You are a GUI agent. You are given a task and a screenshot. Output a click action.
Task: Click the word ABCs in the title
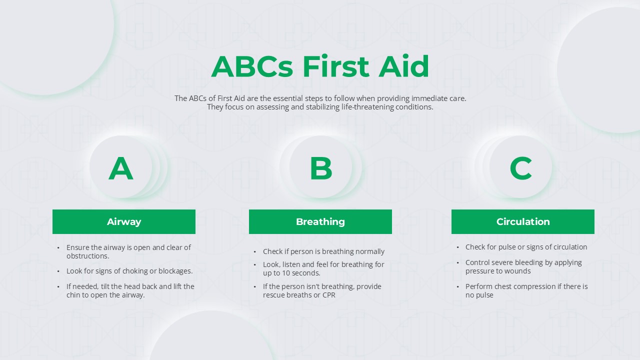(251, 66)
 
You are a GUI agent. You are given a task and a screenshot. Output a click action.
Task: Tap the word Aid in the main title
(403, 66)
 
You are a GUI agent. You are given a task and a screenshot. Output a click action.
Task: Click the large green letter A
(121, 168)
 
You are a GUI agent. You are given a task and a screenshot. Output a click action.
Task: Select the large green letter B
(320, 168)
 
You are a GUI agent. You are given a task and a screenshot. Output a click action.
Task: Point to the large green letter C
(520, 168)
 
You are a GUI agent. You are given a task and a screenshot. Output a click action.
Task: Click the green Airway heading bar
(124, 221)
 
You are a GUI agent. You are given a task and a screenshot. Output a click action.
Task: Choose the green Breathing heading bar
(320, 221)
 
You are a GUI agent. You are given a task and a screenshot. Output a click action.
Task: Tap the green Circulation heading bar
(523, 221)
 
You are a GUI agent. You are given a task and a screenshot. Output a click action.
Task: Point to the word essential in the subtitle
(288, 98)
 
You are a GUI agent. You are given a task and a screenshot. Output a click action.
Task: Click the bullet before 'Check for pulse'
(458, 247)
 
